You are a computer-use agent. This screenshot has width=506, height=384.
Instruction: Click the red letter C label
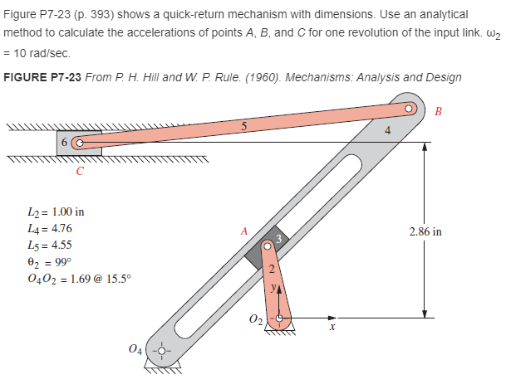click(79, 173)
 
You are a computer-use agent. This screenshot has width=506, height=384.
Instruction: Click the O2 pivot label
click(255, 322)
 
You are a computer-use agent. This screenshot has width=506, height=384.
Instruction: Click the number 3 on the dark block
click(280, 240)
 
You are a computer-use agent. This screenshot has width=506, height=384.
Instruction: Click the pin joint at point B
click(409, 109)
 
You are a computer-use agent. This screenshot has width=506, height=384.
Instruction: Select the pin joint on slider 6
click(79, 142)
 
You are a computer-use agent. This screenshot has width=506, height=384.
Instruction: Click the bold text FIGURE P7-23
click(42, 78)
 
